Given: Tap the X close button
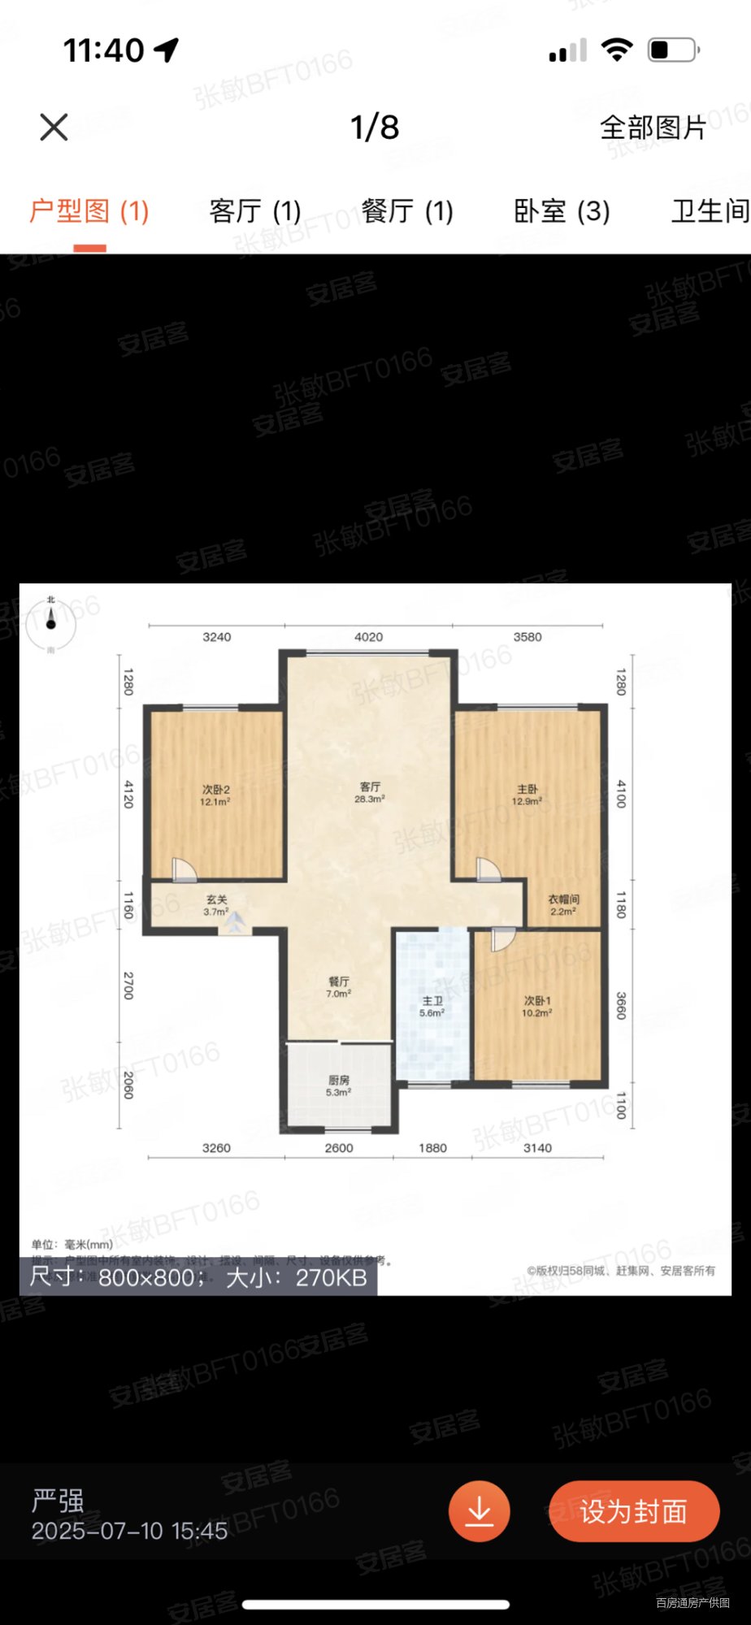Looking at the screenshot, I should (x=54, y=127).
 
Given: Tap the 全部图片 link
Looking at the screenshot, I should (x=653, y=128).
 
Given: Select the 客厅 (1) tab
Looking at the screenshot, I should (x=255, y=211).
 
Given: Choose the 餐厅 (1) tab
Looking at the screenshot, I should (x=407, y=211).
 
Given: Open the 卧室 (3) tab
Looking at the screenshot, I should (x=562, y=211).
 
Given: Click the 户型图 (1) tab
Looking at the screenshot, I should (x=89, y=211).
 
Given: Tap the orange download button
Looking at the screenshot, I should (x=479, y=1511).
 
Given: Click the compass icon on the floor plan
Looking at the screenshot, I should (x=50, y=624).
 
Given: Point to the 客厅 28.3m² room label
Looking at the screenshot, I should (x=370, y=792).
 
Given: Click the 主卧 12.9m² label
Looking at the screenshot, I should (x=527, y=795).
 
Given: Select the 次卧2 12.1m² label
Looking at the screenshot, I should (x=215, y=795).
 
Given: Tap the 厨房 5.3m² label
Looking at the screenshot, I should (x=339, y=1085).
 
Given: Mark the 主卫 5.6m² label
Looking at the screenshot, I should (x=432, y=1007).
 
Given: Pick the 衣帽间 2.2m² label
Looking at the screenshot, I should (x=563, y=905).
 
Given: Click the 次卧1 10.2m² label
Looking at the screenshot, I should (x=537, y=1007).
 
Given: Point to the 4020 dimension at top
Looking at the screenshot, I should (x=368, y=637).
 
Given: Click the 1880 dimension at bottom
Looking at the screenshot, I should (x=432, y=1148).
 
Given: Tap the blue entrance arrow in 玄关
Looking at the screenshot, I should (x=235, y=922).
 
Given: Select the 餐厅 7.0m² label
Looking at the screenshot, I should (x=339, y=987).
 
